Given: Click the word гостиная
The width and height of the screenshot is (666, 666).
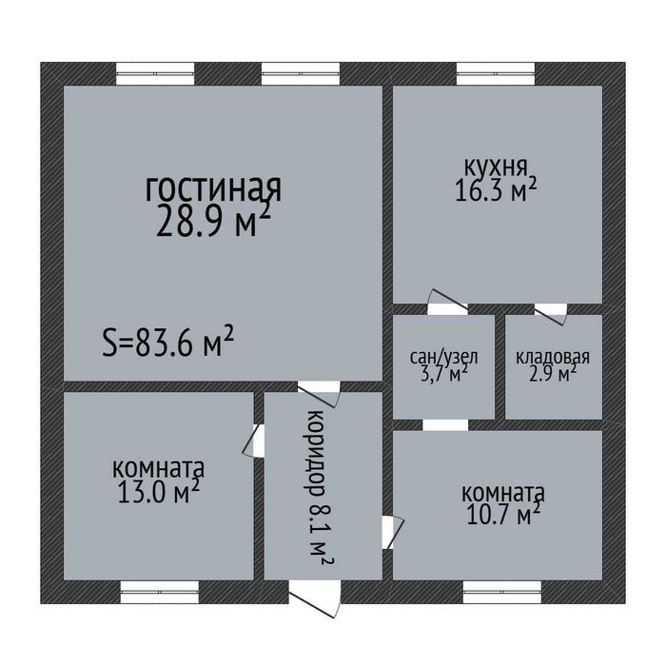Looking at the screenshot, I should coord(213,188).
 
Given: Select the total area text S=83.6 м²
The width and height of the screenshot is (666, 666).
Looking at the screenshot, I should coord(168,341).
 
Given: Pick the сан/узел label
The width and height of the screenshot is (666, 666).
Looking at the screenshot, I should coord(443,358).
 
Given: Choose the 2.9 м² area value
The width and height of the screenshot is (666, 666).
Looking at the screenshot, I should coord(553,375).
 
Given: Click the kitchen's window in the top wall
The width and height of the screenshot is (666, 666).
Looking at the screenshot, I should coord(496,74).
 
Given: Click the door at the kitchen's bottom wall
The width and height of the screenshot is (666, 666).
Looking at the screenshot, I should coord(443,304).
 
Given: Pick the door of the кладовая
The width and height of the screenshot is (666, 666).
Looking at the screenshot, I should coord(549,308).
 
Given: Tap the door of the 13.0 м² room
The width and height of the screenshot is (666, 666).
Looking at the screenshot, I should coord(256,440).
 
